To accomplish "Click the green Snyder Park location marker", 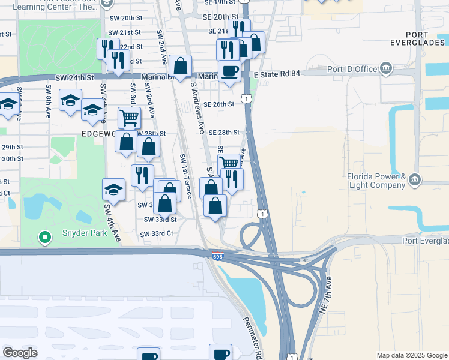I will (44, 238).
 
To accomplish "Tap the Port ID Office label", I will (351, 68).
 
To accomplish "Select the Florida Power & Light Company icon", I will (415, 180).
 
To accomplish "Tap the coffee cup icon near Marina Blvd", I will (229, 72).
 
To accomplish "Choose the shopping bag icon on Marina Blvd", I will (180, 67).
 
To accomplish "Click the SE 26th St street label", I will (218, 104).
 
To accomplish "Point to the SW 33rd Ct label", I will (157, 233).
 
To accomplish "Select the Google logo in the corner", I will (20, 352).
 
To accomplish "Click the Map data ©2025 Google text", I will (411, 355).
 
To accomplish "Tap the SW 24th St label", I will (75, 78).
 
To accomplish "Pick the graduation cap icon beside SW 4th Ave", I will (113, 190).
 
